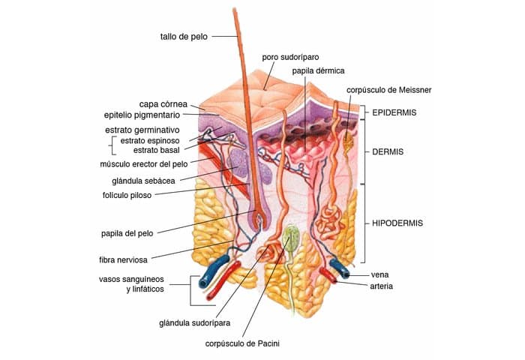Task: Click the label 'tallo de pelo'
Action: (183, 35)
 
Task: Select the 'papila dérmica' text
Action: (319, 70)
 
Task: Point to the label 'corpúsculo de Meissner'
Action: (388, 90)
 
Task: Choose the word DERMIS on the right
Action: (388, 151)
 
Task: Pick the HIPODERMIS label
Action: (397, 223)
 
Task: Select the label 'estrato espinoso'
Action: (150, 140)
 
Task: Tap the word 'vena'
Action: (380, 275)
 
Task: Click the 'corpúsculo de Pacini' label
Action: (236, 344)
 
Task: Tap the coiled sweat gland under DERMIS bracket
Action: (328, 222)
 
